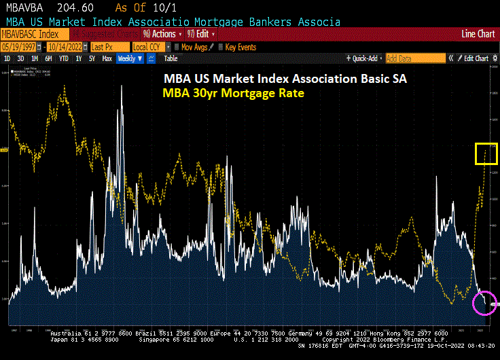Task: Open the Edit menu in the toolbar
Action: pyautogui.click(x=202, y=34)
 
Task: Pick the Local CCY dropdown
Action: pyautogui.click(x=147, y=47)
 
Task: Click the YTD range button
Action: pyautogui.click(x=64, y=58)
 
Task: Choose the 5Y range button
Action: pyautogui.click(x=92, y=58)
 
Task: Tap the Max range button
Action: pyautogui.click(x=107, y=58)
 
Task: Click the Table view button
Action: pyautogui.click(x=171, y=58)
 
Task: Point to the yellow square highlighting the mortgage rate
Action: pyautogui.click(x=486, y=154)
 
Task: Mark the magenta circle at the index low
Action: pyautogui.click(x=485, y=302)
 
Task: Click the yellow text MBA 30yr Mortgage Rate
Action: pyautogui.click(x=232, y=92)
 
